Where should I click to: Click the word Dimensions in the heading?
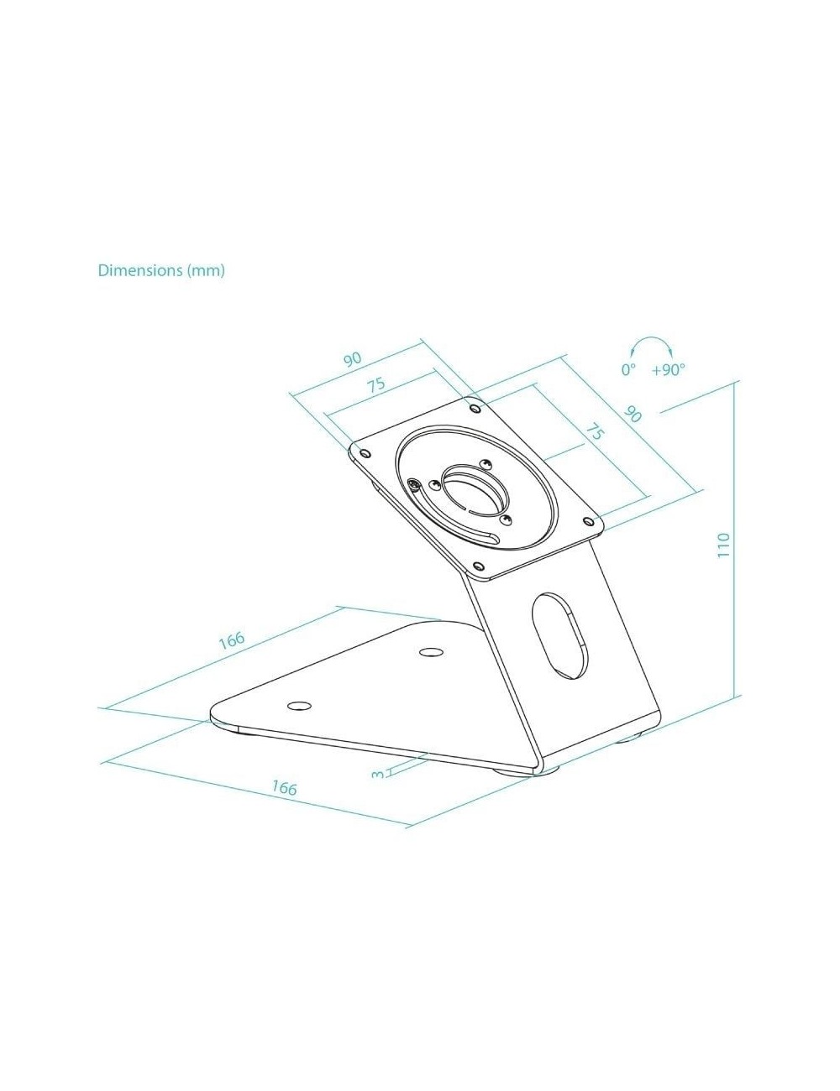point(140,270)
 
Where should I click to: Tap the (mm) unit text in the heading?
point(206,271)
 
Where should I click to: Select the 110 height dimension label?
point(723,545)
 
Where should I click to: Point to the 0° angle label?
point(628,369)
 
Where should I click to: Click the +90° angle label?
point(668,370)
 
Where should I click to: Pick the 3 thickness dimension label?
point(377,775)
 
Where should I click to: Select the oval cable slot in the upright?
point(559,636)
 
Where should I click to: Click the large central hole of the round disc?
point(475,491)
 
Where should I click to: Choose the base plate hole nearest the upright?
point(431,652)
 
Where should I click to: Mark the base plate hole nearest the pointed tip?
point(299,706)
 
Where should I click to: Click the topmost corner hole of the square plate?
point(475,407)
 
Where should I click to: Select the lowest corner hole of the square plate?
point(480,566)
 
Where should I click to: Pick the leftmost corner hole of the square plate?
point(365,453)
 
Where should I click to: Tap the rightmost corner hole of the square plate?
point(588,519)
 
